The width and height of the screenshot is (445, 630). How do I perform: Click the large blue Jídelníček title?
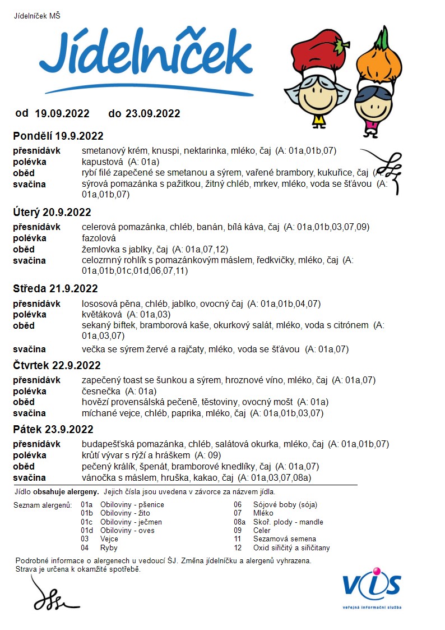(146, 56)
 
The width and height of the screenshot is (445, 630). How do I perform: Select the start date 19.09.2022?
(62, 114)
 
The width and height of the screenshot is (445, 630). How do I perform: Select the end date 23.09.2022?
(153, 114)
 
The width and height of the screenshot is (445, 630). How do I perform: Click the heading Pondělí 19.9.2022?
(58, 136)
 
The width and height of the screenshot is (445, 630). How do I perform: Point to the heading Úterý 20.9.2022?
(52, 213)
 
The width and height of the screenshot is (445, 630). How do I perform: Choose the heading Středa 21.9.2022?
(55, 289)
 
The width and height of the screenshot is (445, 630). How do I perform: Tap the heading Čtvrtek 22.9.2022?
(57, 366)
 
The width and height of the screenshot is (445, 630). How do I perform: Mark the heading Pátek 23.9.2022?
(53, 430)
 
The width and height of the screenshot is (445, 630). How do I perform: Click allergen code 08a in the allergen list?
(239, 522)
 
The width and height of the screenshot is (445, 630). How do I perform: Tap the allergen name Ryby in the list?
(109, 548)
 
